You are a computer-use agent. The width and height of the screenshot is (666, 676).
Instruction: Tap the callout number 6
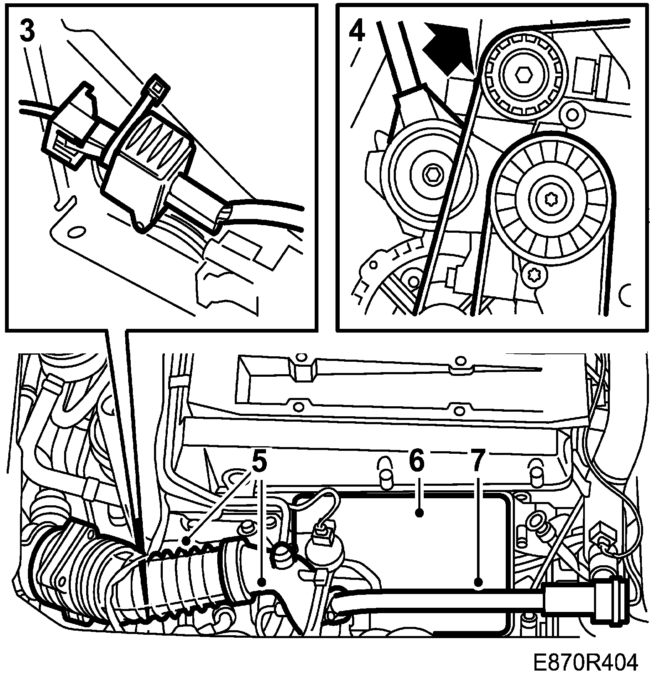coord(416,462)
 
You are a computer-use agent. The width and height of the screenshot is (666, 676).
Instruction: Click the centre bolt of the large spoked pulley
coord(549,199)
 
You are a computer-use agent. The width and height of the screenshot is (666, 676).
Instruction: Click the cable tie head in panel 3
coord(157,86)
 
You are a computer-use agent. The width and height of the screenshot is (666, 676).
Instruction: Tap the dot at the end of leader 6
coord(420,513)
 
